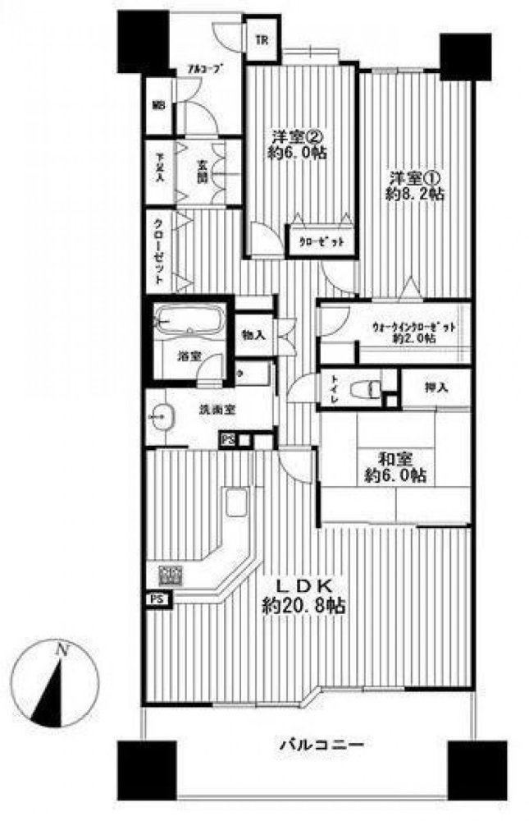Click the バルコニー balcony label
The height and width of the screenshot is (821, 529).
[x=321, y=746]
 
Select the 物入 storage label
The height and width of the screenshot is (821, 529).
[x=253, y=334]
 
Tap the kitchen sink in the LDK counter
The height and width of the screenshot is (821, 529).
[x=235, y=502]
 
